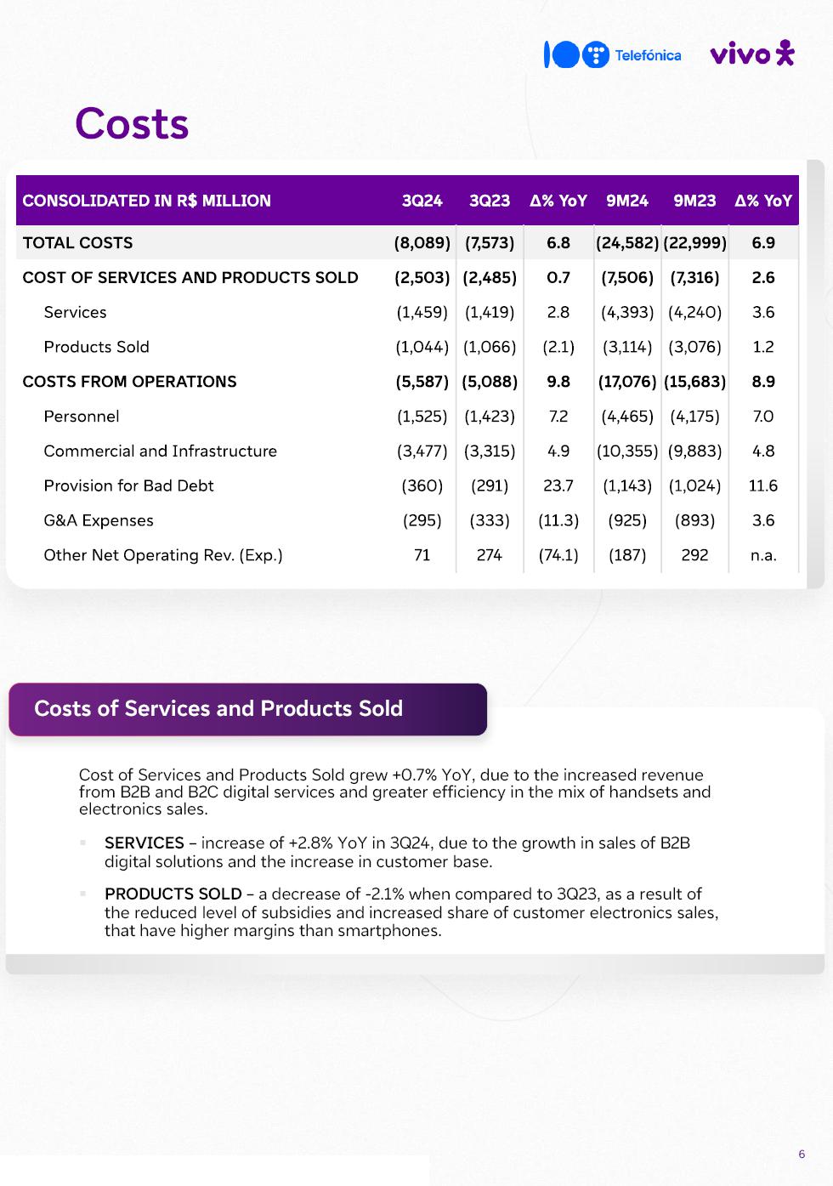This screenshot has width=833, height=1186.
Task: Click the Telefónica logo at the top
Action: (613, 55)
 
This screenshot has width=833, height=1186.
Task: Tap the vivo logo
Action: (751, 54)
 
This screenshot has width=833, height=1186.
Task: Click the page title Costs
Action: (132, 124)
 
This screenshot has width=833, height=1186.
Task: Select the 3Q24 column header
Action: (422, 201)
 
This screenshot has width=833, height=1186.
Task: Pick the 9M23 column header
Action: (694, 201)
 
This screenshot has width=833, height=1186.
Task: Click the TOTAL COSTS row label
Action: (77, 243)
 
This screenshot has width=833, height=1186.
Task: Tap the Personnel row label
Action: (82, 417)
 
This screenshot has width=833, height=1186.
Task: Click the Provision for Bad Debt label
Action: (128, 485)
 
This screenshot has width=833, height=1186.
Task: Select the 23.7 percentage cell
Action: (558, 485)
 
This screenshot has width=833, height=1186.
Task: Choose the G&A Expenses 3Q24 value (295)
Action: (422, 520)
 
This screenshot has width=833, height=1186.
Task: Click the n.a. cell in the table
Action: (762, 555)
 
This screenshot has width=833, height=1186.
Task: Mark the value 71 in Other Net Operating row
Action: (422, 555)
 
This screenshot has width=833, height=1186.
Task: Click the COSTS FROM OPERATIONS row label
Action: (129, 382)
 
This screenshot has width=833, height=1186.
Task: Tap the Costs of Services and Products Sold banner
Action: (246, 709)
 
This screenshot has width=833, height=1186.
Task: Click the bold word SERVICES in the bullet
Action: (144, 843)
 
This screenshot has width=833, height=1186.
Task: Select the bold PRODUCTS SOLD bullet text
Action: (173, 894)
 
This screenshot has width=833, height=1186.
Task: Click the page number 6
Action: (802, 1154)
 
